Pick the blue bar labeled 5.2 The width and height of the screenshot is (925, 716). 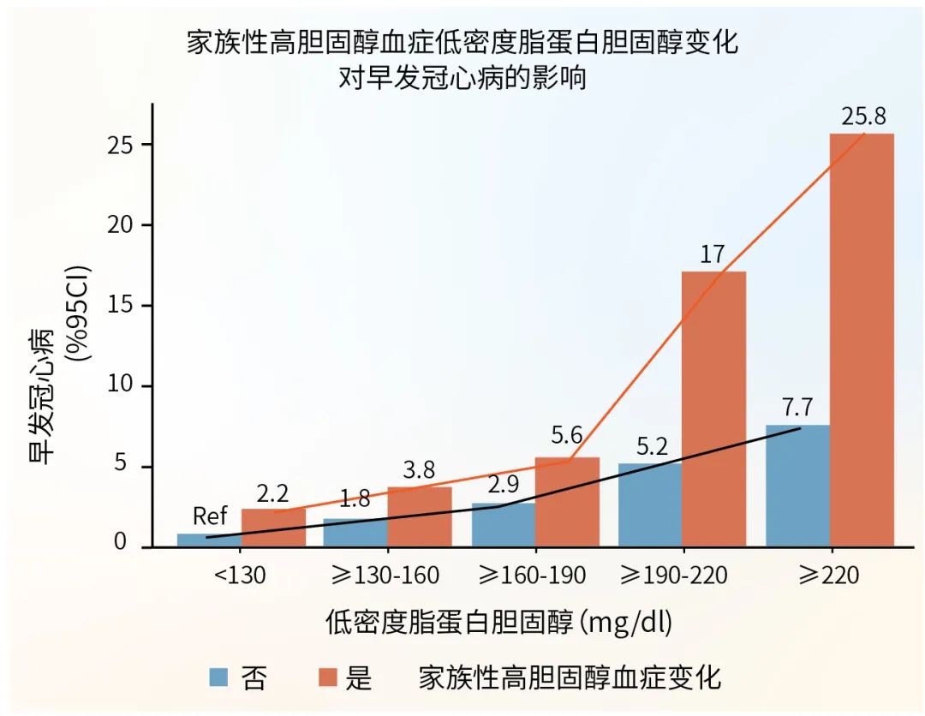click(649, 504)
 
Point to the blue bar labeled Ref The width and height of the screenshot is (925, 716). click(209, 540)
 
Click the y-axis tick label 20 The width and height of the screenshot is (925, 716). click(123, 225)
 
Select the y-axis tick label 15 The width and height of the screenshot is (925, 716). click(123, 306)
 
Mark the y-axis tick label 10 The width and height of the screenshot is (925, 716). click(123, 386)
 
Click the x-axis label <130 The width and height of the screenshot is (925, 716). click(241, 575)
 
